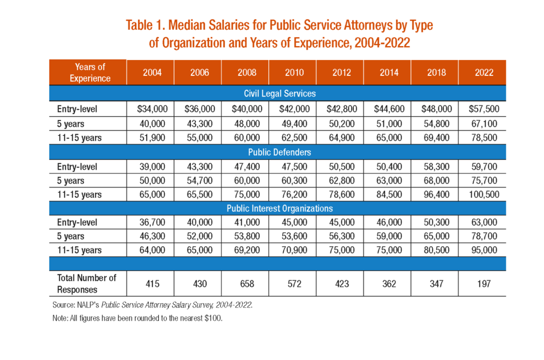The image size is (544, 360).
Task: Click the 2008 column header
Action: [246, 73]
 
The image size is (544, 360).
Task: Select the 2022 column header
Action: [483, 73]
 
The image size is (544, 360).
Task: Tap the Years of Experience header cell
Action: [90, 73]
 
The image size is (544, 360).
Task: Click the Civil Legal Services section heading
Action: [279, 93]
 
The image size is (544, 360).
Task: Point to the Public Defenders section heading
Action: [279, 152]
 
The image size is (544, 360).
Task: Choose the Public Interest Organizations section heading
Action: [279, 209]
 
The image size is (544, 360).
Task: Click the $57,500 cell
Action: [483, 109]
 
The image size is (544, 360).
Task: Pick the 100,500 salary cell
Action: [483, 194]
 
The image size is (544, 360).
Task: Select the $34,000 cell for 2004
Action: [152, 109]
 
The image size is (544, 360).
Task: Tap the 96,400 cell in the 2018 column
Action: [436, 194]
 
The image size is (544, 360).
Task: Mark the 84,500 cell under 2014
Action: [389, 194]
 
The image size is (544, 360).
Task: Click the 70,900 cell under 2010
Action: [294, 250]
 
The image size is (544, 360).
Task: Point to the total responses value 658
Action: [246, 284]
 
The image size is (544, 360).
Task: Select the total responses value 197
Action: [483, 284]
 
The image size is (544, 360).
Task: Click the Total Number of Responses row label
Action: [87, 284]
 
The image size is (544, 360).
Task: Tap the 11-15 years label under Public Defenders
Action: [79, 194]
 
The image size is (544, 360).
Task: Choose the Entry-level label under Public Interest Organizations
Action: [77, 222]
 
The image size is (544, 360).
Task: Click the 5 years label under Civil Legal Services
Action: [71, 124]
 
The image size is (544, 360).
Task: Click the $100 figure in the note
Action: [214, 318]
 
